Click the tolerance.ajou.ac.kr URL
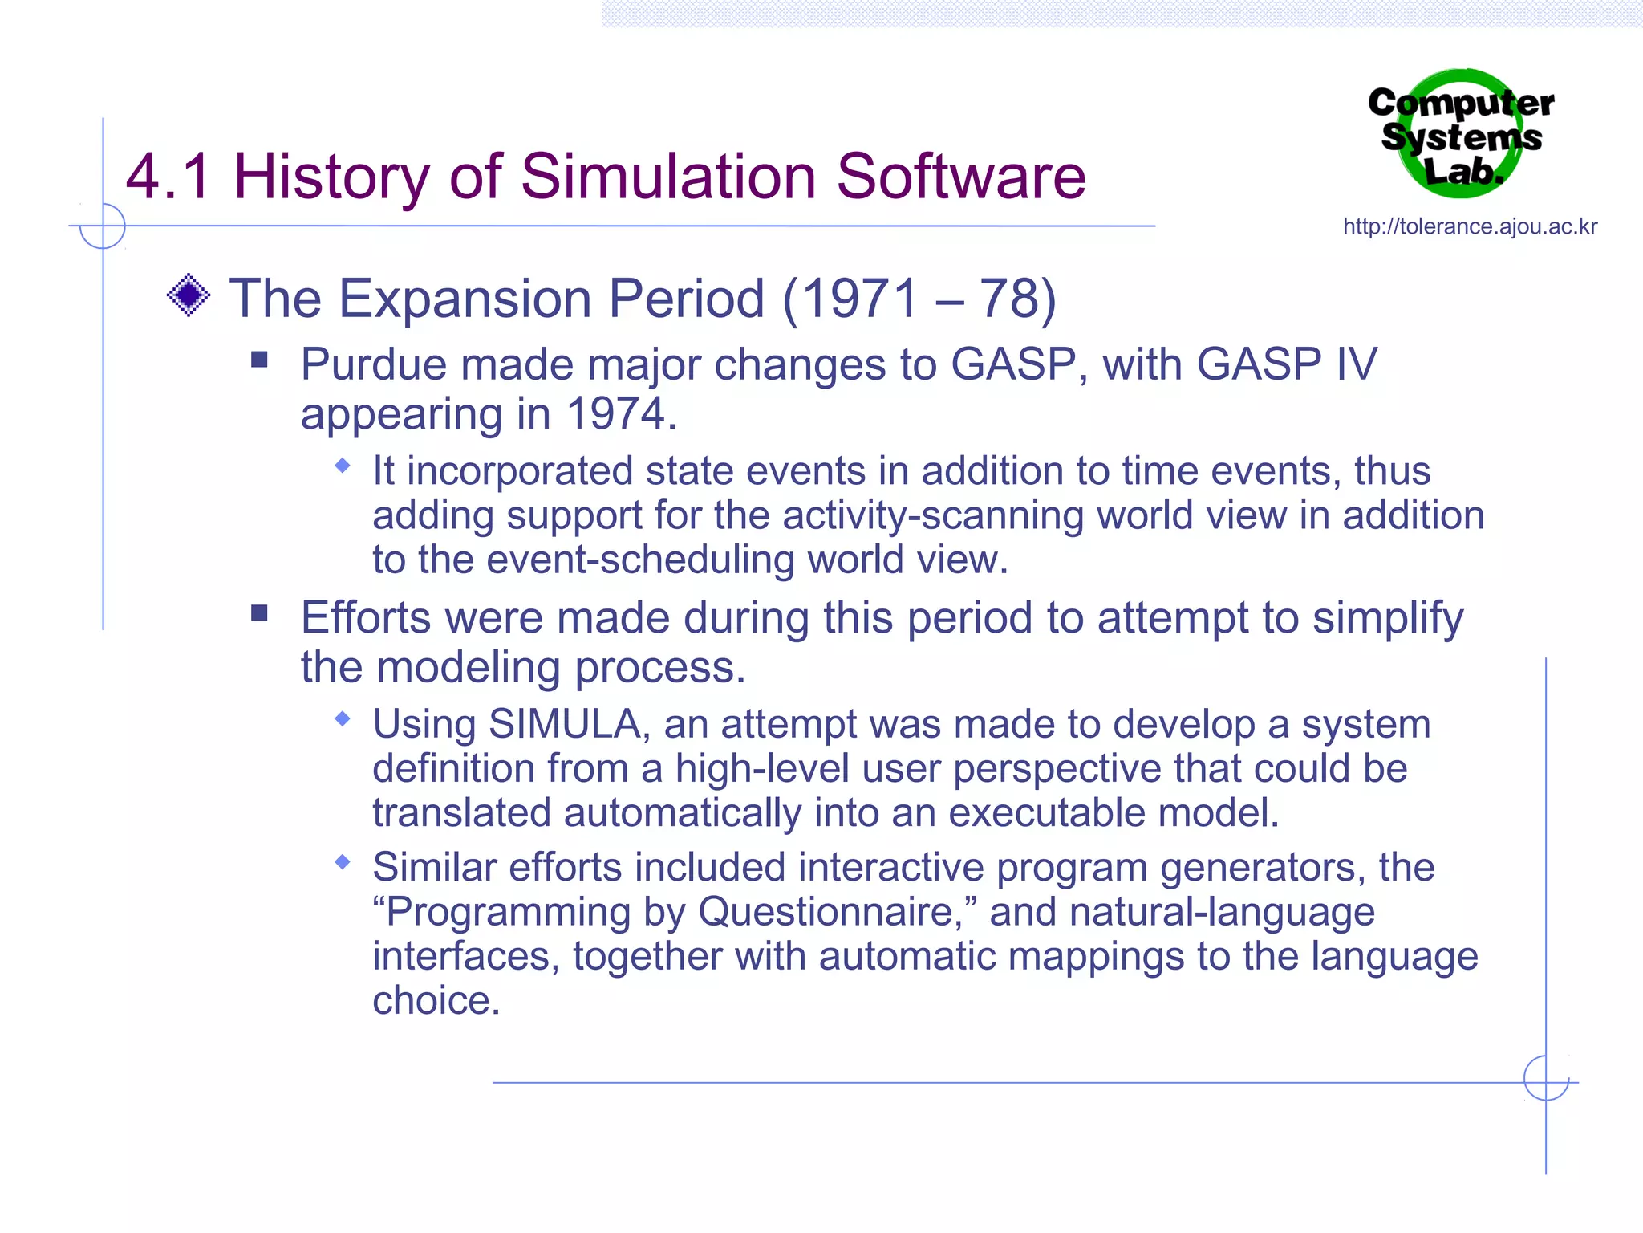pos(1470,227)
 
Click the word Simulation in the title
pos(668,177)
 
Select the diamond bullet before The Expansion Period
pos(189,295)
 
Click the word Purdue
pos(373,365)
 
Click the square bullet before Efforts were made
pos(258,613)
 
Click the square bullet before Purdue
pos(258,359)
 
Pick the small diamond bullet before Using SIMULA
pos(343,718)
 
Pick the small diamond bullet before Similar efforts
pos(343,862)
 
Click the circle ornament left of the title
pos(103,226)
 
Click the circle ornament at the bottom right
pos(1546,1078)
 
